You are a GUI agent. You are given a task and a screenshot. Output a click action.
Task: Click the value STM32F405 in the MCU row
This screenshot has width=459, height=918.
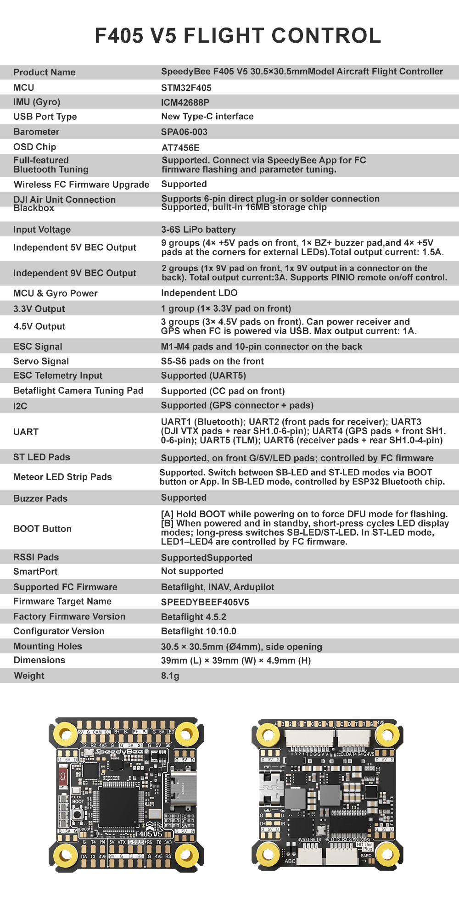coord(186,88)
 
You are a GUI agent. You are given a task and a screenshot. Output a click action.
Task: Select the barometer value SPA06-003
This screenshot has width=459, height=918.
coord(184,132)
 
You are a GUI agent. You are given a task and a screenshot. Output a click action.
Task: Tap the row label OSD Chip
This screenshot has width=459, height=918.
coord(34,147)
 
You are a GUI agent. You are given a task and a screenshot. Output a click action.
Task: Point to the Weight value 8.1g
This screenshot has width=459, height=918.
coord(170,676)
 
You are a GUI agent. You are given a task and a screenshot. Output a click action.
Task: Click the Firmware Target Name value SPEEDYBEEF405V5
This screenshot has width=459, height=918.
coord(205,602)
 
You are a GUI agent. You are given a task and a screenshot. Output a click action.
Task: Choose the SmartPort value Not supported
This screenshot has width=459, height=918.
coord(192,571)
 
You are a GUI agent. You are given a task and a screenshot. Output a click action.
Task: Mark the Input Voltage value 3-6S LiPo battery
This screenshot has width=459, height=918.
coord(198,229)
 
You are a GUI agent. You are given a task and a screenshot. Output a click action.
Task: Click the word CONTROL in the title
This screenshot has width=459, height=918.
coord(326,36)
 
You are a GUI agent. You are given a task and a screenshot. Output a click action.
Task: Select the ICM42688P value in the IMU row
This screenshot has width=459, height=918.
coord(185,102)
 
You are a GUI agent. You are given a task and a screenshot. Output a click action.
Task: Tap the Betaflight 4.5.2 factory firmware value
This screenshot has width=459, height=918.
coord(193,617)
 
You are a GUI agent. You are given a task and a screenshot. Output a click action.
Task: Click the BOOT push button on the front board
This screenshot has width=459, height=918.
coord(77,815)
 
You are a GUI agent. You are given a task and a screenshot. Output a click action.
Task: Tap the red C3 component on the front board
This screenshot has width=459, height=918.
coord(63,776)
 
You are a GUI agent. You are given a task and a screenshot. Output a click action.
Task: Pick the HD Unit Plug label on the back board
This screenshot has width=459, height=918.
coord(365,847)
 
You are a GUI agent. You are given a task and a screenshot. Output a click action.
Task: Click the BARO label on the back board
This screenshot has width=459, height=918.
coord(366,856)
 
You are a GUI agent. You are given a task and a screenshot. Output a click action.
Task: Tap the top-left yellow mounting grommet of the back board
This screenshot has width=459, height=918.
coord(268,734)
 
